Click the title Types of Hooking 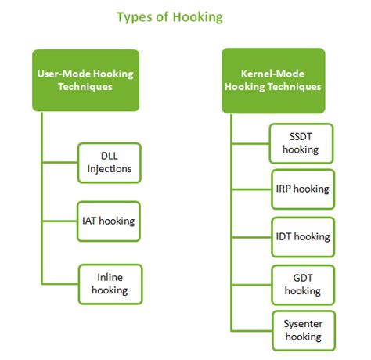[x=170, y=17]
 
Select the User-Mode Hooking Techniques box [x=85, y=81]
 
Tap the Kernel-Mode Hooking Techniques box [x=273, y=81]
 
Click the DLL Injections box [x=110, y=163]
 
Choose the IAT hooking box [x=109, y=221]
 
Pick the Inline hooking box [x=110, y=284]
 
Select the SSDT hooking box [x=301, y=143]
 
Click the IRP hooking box [x=303, y=189]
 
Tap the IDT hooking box [x=303, y=237]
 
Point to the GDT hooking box [x=303, y=285]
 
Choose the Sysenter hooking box [x=304, y=330]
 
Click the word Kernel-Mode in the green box [x=272, y=74]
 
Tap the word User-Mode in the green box [x=64, y=74]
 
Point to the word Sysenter [x=303, y=324]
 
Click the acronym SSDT [x=301, y=136]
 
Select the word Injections [x=110, y=169]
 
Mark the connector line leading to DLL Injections [x=60, y=163]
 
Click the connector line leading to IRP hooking [x=251, y=189]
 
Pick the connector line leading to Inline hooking [x=60, y=283]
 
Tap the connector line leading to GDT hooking [x=251, y=285]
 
